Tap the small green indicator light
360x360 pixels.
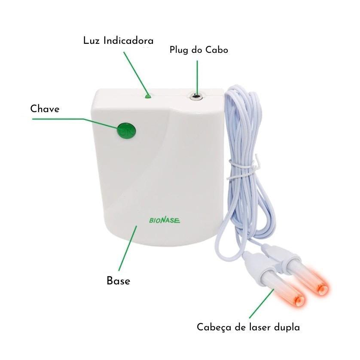pyautogui.click(x=148, y=96)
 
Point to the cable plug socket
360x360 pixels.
pyautogui.click(x=196, y=96)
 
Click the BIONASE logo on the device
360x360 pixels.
pyautogui.click(x=165, y=220)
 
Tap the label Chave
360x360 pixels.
pyautogui.click(x=45, y=109)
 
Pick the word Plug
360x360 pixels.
pyautogui.click(x=180, y=50)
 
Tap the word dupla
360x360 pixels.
pyautogui.click(x=287, y=327)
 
